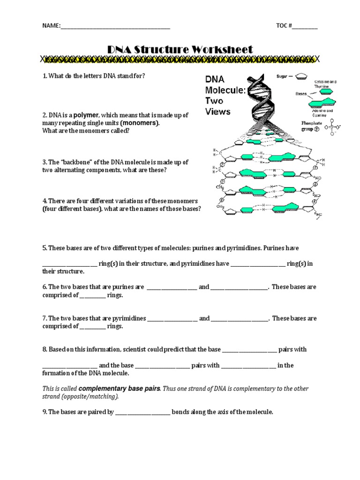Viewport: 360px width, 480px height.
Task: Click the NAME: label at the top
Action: pos(51,26)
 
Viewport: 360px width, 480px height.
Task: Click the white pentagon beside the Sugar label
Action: pos(302,75)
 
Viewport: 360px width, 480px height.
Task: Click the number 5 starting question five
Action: pos(45,247)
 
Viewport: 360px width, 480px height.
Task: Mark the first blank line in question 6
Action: pos(172,287)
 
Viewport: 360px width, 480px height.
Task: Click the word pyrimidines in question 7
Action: pos(127,318)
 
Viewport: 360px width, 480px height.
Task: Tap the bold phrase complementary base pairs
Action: pos(120,389)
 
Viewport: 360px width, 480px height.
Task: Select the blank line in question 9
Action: pos(142,412)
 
